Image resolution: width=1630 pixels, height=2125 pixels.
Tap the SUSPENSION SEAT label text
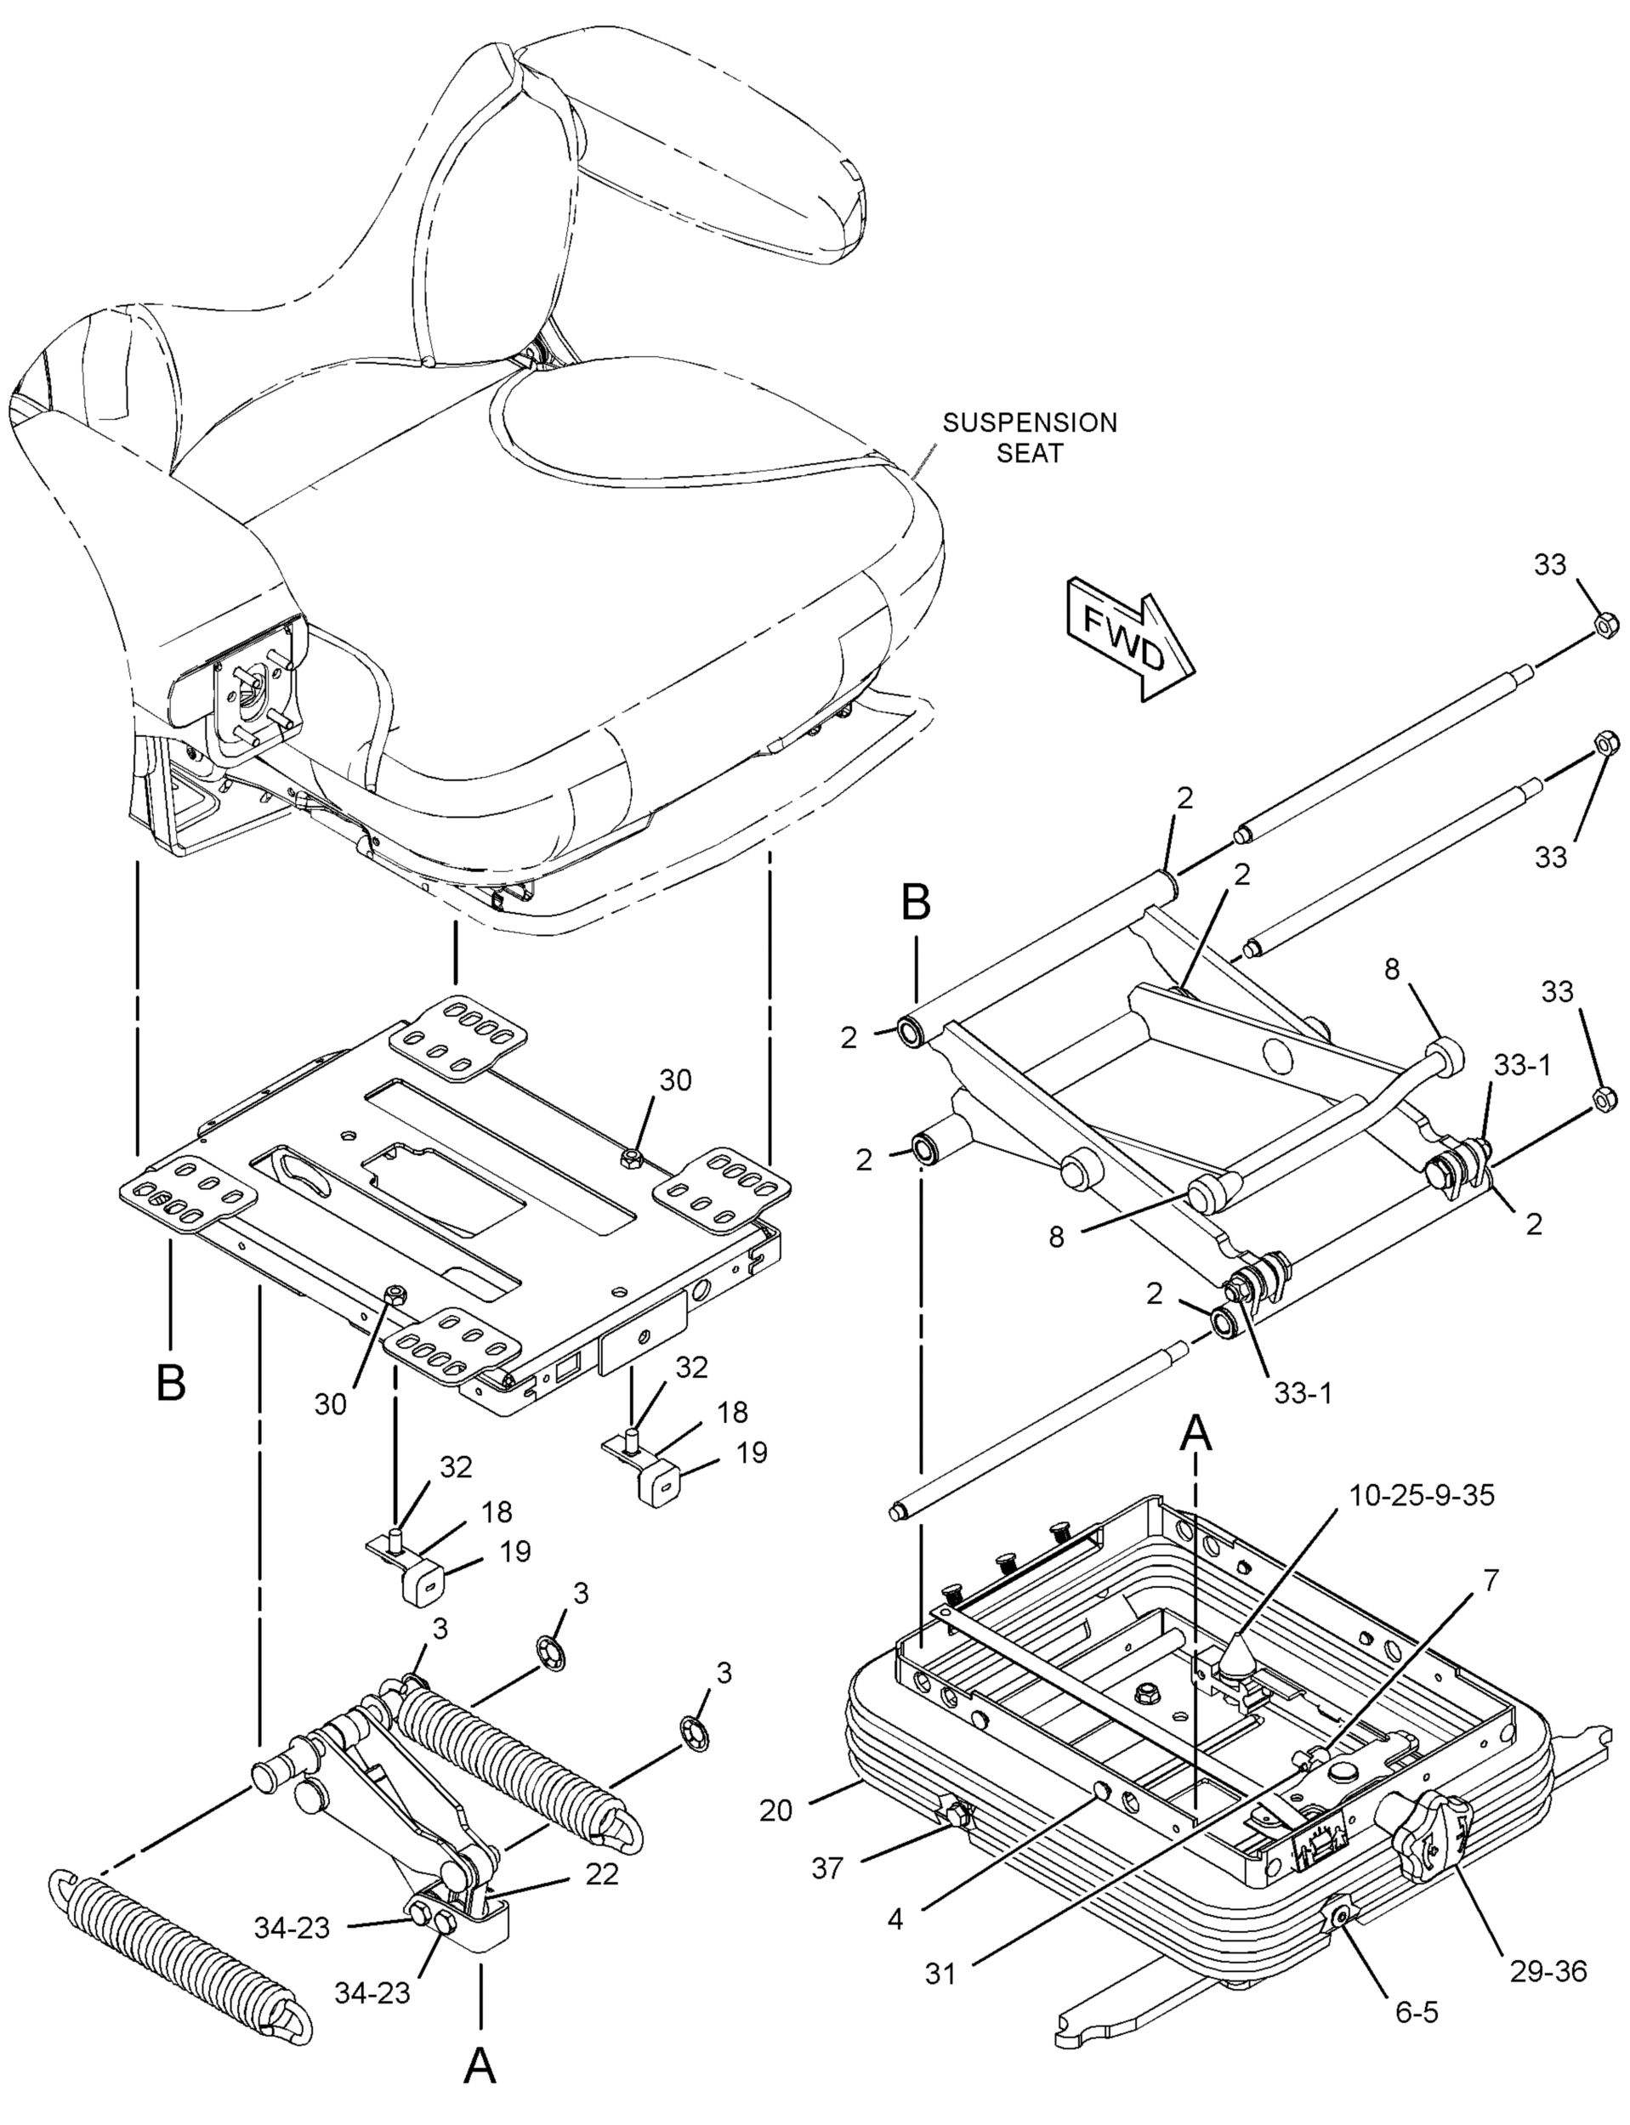[x=1030, y=438]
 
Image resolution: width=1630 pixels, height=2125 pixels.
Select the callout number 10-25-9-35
[x=1422, y=1495]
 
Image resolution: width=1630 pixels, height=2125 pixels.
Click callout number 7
[x=1491, y=1580]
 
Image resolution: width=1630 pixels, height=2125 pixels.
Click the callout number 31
[x=941, y=1974]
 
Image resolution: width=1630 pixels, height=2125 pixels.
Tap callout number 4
[x=895, y=1918]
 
